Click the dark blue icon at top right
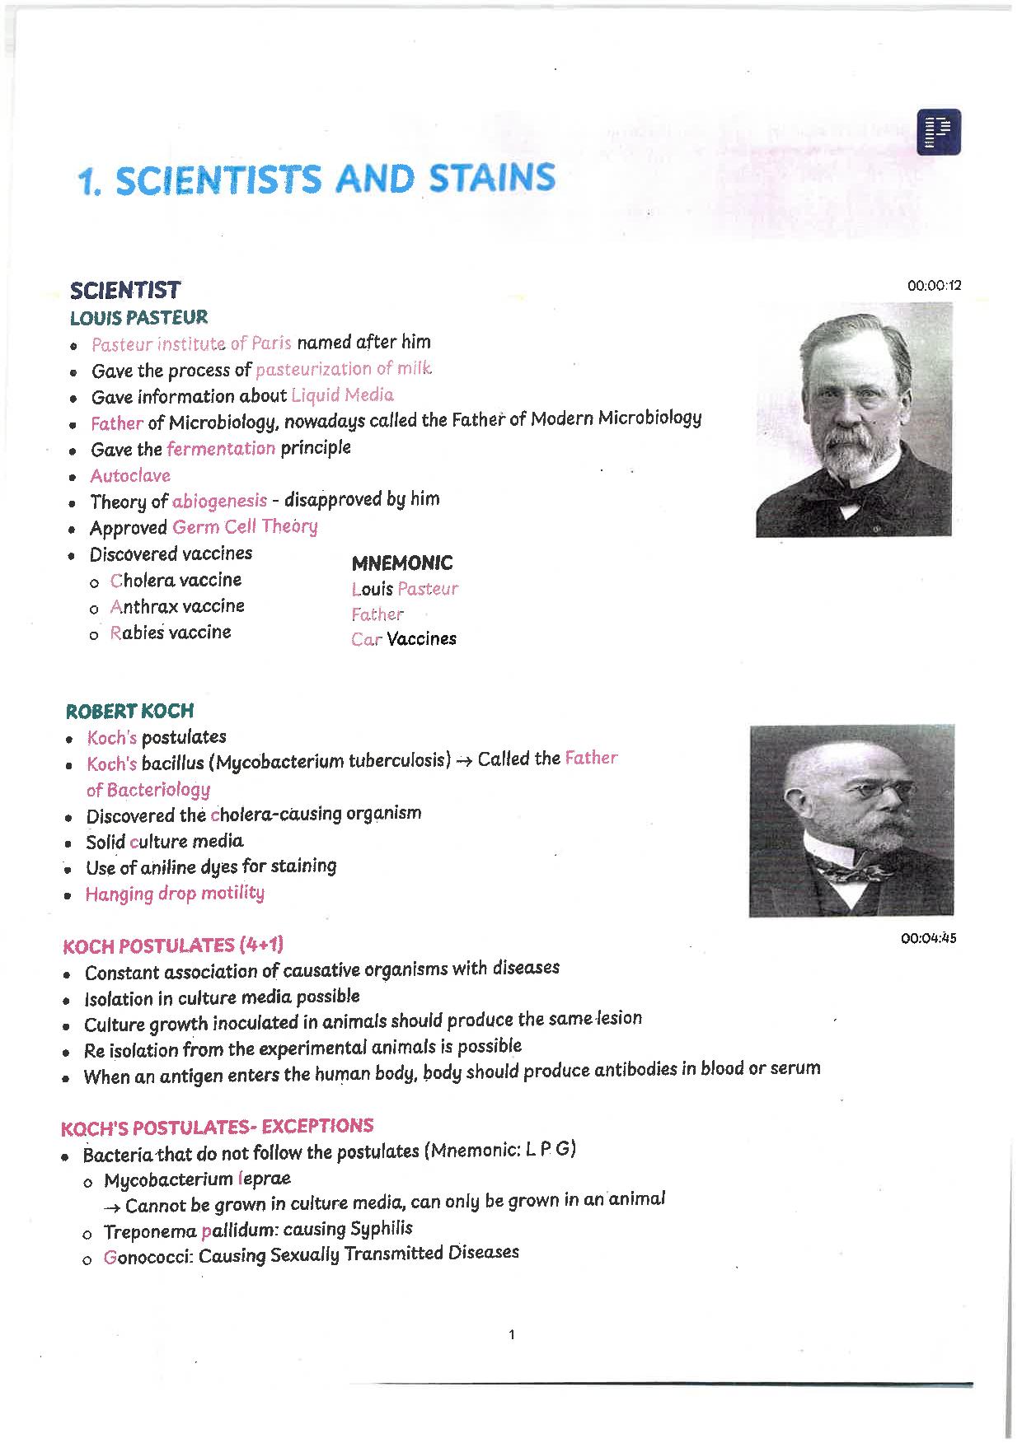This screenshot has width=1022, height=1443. pos(938,132)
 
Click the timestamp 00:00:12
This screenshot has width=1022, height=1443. pos(934,286)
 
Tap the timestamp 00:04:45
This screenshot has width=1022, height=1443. pos(929,938)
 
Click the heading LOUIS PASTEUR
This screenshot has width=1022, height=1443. pos(138,318)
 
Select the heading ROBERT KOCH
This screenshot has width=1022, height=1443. pos(129,711)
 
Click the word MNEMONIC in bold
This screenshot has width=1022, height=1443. pos(402,563)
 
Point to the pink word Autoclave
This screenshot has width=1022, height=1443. pos(130,476)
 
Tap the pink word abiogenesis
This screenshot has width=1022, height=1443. pos(219,501)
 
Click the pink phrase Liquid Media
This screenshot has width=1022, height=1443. pos(342,395)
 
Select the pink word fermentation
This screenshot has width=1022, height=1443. pos(221,448)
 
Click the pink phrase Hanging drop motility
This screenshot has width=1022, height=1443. pos(175,894)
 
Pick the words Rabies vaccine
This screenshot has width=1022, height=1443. pos(171,633)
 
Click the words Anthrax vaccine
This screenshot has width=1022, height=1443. pos(177,606)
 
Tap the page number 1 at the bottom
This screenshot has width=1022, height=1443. pos(512,1335)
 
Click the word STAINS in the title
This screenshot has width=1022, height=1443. pos(490,180)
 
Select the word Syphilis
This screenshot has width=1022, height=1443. pos(382,1229)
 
